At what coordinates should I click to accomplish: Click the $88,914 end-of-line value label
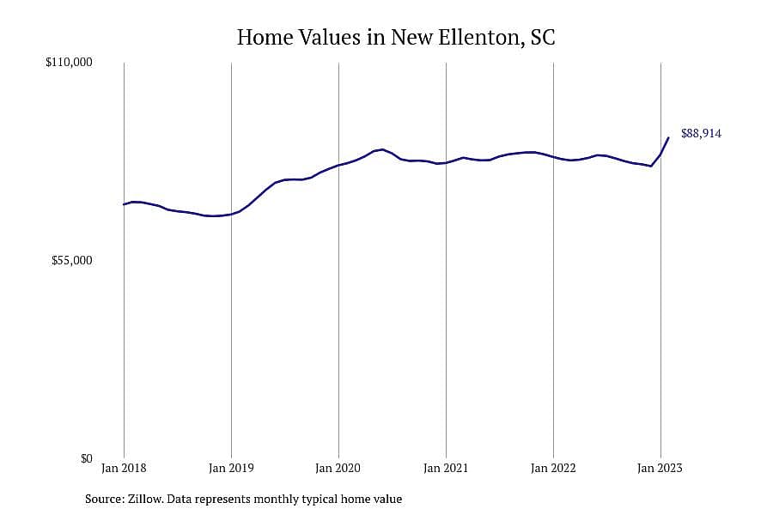(x=701, y=134)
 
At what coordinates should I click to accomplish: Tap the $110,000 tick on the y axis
(x=69, y=63)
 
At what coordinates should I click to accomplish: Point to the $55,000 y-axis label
(x=71, y=261)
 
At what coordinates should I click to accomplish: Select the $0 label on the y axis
(x=86, y=459)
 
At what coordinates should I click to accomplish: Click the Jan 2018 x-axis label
(x=124, y=468)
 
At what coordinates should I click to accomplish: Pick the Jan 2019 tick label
(x=231, y=468)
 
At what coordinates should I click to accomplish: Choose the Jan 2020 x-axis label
(x=338, y=468)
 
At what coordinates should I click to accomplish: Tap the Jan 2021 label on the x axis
(x=446, y=468)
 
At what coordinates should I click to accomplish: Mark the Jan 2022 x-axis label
(x=553, y=468)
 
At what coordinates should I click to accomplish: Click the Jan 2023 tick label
(x=660, y=468)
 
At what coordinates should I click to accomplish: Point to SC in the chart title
(x=543, y=38)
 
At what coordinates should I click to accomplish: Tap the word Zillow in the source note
(x=145, y=499)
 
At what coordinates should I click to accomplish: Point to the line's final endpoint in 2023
(x=668, y=138)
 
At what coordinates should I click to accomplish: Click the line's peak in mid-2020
(x=382, y=149)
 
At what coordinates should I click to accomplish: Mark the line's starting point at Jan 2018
(x=124, y=204)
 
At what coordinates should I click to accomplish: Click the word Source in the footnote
(x=105, y=499)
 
